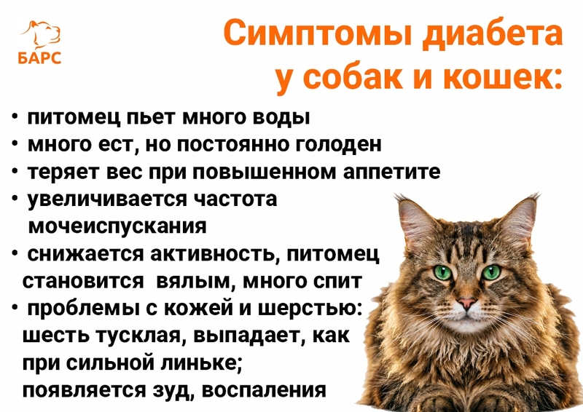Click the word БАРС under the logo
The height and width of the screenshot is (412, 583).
coord(39,58)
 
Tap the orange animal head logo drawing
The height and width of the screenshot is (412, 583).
coord(42,34)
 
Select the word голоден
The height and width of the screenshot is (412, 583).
coord(338,145)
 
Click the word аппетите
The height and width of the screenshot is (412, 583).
coord(391,173)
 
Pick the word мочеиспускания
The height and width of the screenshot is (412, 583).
coord(117,226)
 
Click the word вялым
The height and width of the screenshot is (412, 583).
coord(195,281)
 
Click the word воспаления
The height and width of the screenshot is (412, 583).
coord(264,390)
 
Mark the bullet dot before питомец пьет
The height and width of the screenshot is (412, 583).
coord(15,117)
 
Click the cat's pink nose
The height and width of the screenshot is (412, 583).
coord(466,302)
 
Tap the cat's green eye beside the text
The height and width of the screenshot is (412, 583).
coord(442,272)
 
